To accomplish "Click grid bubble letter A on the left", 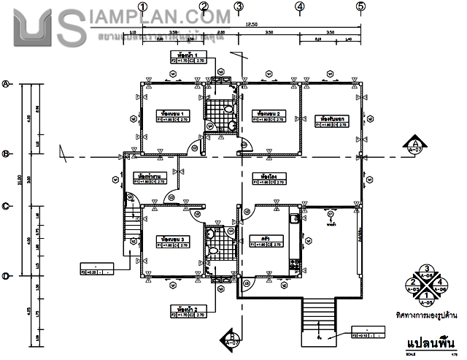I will (7, 84).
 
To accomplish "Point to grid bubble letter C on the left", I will (7, 206).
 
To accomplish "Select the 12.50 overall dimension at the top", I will (252, 24).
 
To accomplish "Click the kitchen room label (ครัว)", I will (256, 238).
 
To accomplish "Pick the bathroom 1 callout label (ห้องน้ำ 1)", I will (179, 55).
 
